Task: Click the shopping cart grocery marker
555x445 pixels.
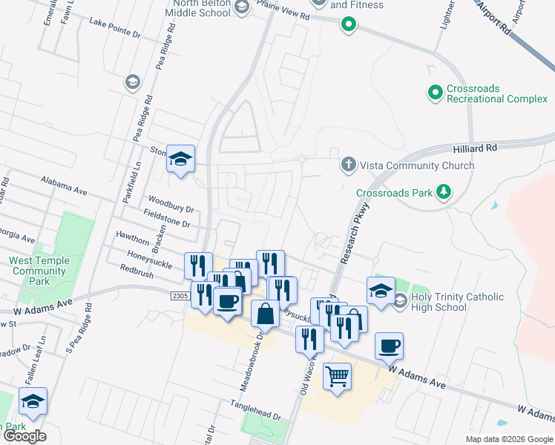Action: click(x=337, y=378)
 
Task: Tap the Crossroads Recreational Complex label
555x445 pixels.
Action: click(x=496, y=93)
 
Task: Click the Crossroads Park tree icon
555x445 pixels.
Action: click(x=444, y=193)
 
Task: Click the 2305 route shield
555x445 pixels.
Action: click(x=180, y=296)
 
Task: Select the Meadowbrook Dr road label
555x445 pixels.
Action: click(x=250, y=361)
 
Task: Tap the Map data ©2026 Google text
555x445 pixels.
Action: click(x=508, y=439)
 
